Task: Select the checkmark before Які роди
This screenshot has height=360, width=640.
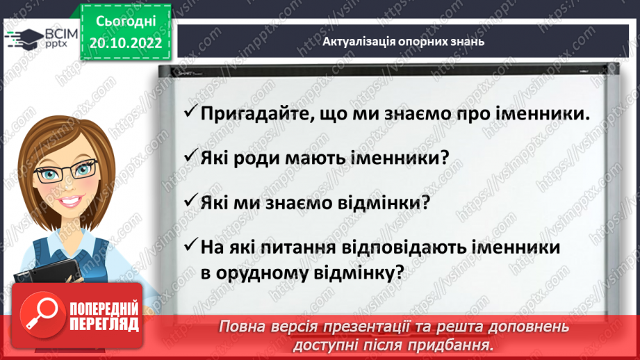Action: [188, 157]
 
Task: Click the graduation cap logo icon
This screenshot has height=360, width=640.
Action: [22, 38]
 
